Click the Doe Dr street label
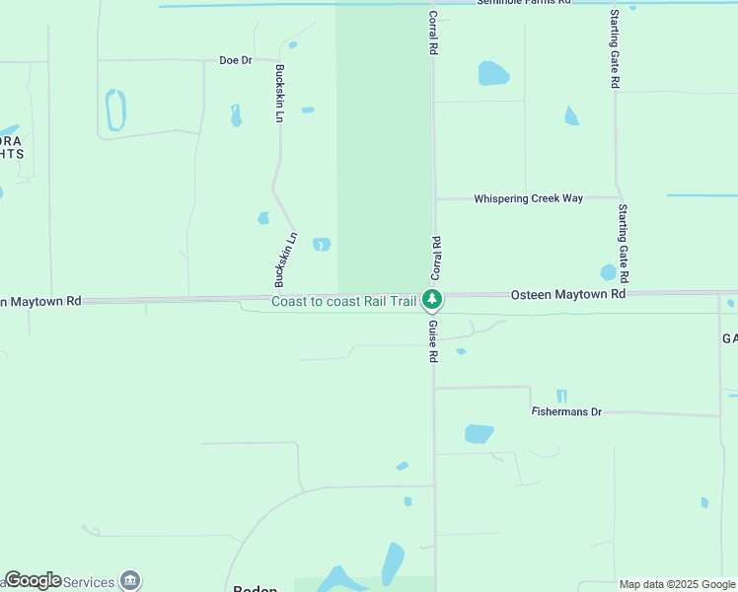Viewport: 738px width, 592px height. point(236,60)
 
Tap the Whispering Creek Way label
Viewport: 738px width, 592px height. point(528,198)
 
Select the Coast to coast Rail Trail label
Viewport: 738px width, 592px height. point(343,301)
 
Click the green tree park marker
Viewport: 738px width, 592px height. point(431,298)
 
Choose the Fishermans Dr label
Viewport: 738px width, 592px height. point(566,411)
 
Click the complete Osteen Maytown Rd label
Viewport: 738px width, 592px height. point(568,294)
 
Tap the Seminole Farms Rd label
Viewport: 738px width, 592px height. point(524,3)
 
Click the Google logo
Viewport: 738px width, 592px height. point(33,580)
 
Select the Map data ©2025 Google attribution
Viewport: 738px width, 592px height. point(676,584)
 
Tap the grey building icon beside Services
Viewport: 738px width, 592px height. point(129,580)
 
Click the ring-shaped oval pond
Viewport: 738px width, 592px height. point(115,110)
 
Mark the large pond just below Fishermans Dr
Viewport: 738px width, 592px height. point(479,433)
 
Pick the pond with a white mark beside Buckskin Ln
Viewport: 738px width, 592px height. point(322,244)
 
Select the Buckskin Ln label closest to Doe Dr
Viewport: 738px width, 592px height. point(280,94)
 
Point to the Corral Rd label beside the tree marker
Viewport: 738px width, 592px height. point(435,256)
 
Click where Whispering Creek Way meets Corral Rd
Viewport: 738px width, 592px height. point(433,198)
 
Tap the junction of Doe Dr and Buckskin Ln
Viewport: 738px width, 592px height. point(280,60)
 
